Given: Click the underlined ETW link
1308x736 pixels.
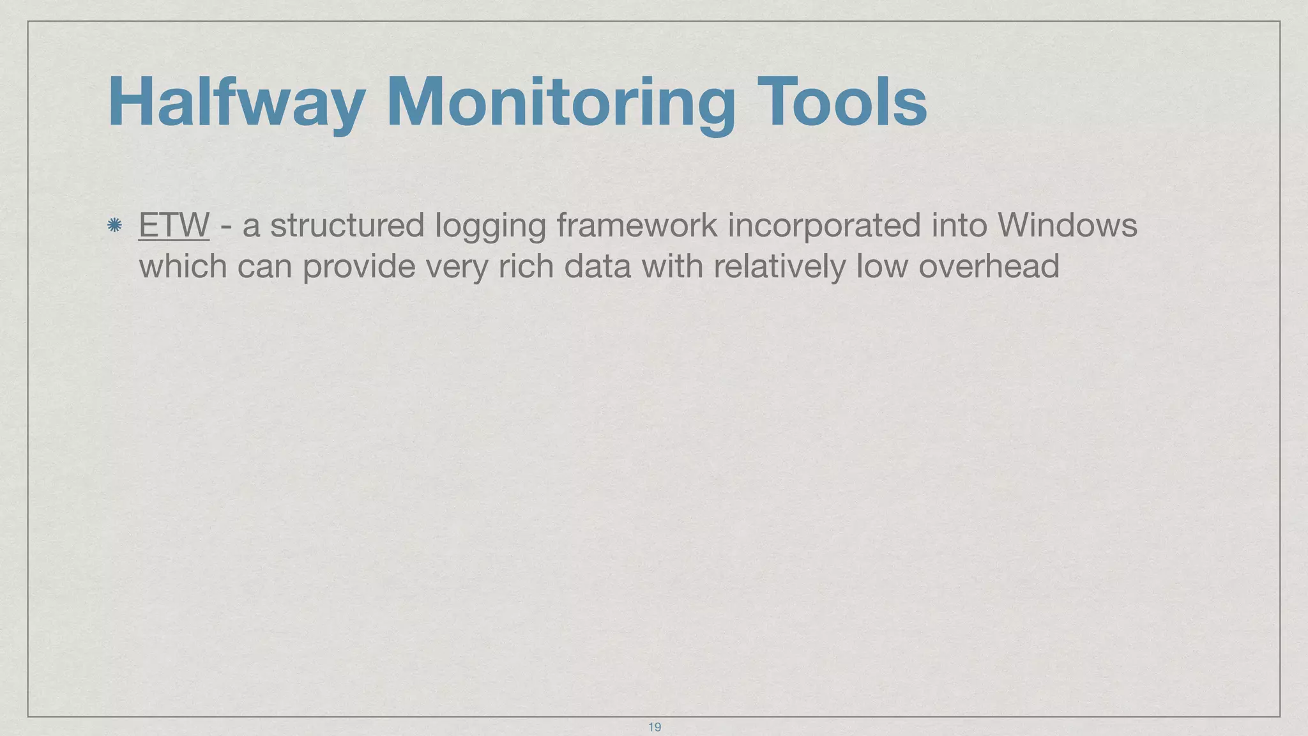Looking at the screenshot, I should (174, 226).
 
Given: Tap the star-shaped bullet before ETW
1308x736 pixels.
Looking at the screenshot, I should (115, 225).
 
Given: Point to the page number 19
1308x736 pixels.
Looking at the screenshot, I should (654, 727).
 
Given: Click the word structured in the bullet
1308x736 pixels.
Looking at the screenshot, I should (347, 226).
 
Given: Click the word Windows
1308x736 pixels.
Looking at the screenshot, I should (1067, 226).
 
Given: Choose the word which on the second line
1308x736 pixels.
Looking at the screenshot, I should (183, 266).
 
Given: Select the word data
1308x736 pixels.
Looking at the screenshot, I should (597, 266).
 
